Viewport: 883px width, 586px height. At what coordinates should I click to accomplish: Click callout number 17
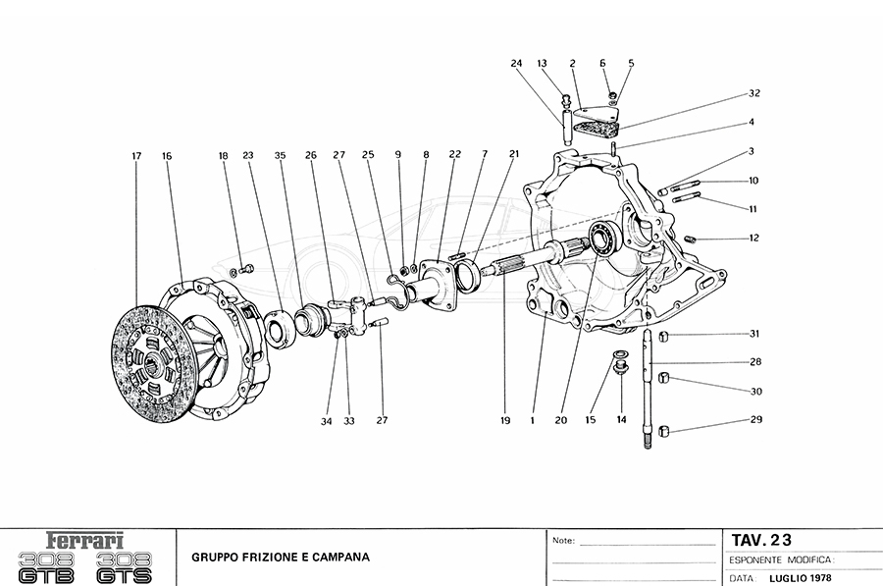point(136,156)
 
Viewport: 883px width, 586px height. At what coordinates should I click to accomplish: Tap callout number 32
point(753,94)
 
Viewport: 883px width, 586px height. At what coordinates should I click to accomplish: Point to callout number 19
point(504,421)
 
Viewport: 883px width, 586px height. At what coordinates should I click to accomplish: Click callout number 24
point(516,64)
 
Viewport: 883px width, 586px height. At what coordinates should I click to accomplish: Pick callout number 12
point(753,239)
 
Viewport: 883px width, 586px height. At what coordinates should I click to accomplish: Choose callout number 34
point(328,421)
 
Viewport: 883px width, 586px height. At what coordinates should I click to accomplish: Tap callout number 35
point(280,156)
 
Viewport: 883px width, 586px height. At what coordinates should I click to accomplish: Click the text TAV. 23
point(760,539)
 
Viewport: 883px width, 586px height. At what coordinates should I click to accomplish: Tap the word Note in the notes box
point(563,540)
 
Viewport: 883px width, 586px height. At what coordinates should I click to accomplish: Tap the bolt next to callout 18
point(245,268)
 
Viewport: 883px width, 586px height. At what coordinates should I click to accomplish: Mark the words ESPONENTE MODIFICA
point(779,559)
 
